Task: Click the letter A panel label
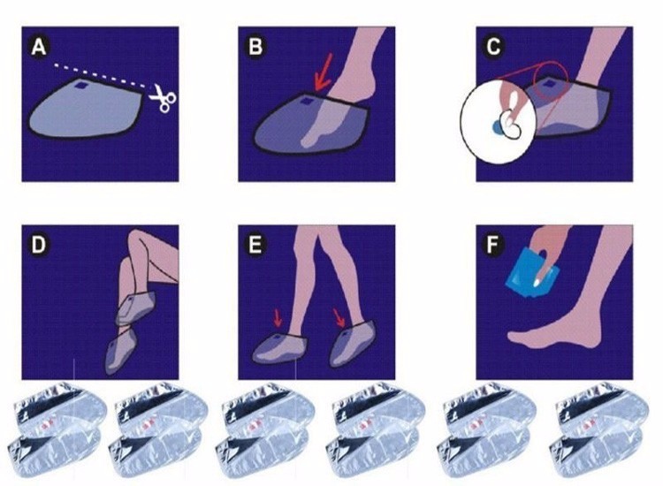pyautogui.click(x=39, y=47)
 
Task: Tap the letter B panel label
pyautogui.click(x=255, y=47)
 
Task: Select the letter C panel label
pyautogui.click(x=493, y=47)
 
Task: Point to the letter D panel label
pyautogui.click(x=39, y=245)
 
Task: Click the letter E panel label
pyautogui.click(x=255, y=245)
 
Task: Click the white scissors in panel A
pyautogui.click(x=163, y=98)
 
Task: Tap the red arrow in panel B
pyautogui.click(x=324, y=78)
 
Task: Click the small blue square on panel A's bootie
pyautogui.click(x=80, y=86)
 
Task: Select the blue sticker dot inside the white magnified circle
pyautogui.click(x=497, y=127)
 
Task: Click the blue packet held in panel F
pyautogui.click(x=529, y=274)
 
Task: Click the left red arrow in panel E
pyautogui.click(x=277, y=318)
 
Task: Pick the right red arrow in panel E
pyautogui.click(x=339, y=318)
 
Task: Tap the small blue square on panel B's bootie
pyautogui.click(x=306, y=103)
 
